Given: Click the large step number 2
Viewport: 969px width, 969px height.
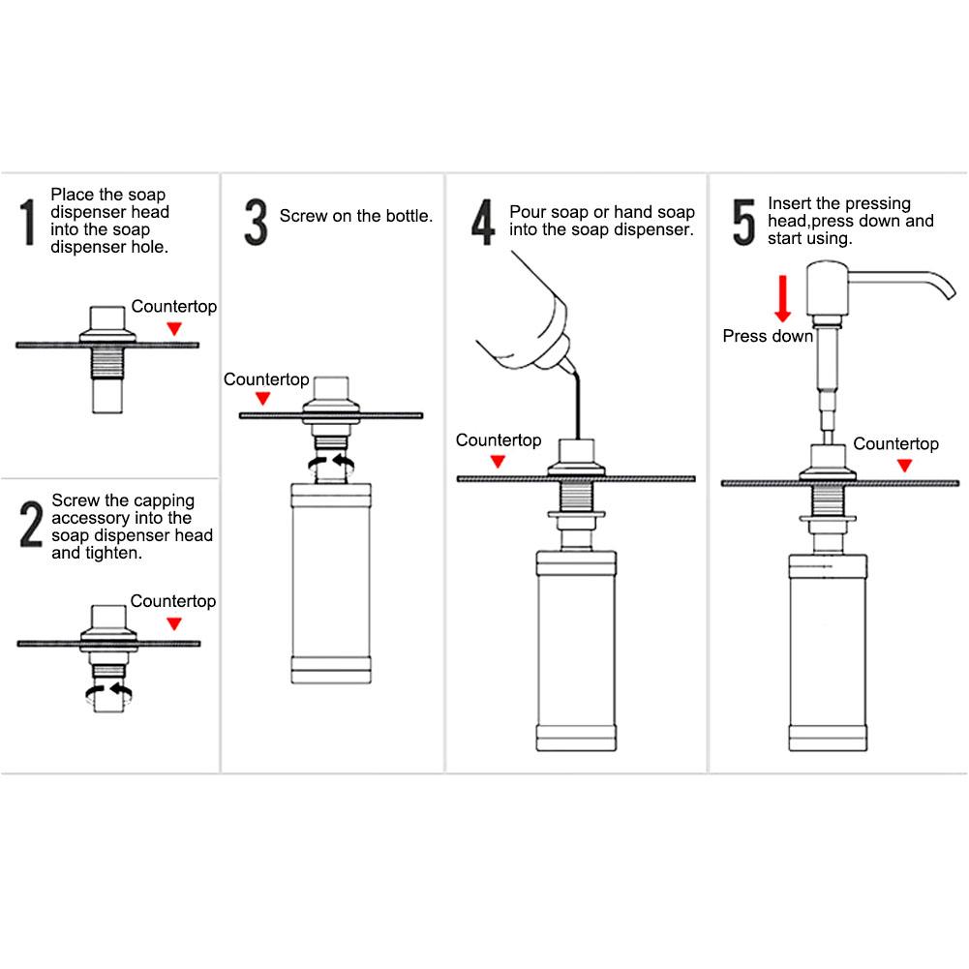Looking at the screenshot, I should pyautogui.click(x=31, y=527).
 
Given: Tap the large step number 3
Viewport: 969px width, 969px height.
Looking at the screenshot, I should pyautogui.click(x=255, y=222).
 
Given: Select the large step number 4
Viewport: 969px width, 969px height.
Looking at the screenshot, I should pyautogui.click(x=483, y=222).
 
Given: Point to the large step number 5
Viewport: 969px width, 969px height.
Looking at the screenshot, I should pyautogui.click(x=742, y=222).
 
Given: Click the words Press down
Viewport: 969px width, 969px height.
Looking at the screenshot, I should pyautogui.click(x=768, y=337).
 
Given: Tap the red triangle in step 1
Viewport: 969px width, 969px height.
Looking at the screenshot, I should pyautogui.click(x=174, y=329).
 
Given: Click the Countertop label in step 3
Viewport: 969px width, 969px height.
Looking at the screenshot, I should pyautogui.click(x=266, y=379).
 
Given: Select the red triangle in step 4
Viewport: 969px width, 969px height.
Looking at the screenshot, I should pyautogui.click(x=499, y=462).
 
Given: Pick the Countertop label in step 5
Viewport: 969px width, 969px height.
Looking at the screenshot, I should pyautogui.click(x=895, y=444).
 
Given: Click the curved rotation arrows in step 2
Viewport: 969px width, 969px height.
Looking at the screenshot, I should pyautogui.click(x=107, y=689).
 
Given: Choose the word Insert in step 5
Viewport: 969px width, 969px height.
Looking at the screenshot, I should pyautogui.click(x=790, y=203).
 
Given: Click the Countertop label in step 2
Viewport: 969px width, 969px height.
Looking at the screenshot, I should pyautogui.click(x=173, y=601).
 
